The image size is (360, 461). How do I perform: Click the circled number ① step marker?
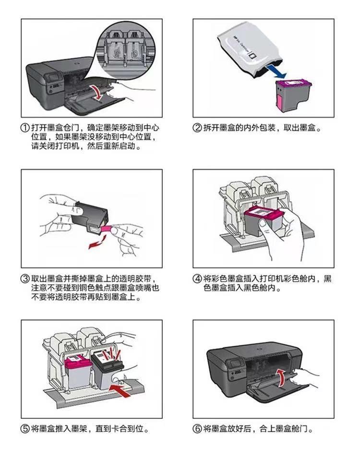pyautogui.click(x=25, y=128)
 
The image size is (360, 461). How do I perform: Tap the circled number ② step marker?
pyautogui.click(x=197, y=128)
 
